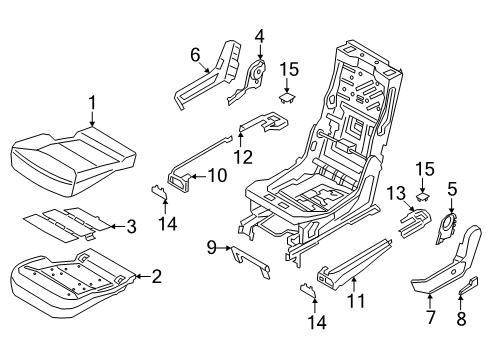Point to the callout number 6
[x=196, y=54]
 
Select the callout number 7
[x=430, y=318]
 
